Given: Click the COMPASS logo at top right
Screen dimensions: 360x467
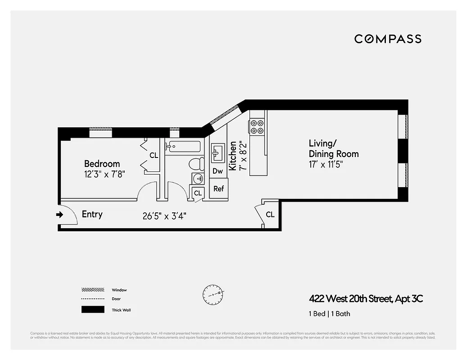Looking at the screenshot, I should pyautogui.click(x=387, y=39).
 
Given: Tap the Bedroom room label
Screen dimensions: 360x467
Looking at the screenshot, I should pyautogui.click(x=102, y=164).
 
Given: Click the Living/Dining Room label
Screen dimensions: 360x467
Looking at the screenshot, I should pyautogui.click(x=333, y=148).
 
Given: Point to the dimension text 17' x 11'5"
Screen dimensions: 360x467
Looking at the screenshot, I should pyautogui.click(x=326, y=165).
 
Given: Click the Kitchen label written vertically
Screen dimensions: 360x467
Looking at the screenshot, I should pyautogui.click(x=233, y=156).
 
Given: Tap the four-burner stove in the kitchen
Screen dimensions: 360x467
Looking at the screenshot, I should pyautogui.click(x=257, y=126).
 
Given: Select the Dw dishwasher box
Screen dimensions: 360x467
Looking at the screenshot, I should pyautogui.click(x=218, y=171).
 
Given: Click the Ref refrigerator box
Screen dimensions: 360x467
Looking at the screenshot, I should pyautogui.click(x=218, y=189).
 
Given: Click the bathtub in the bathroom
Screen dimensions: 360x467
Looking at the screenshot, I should pyautogui.click(x=182, y=147).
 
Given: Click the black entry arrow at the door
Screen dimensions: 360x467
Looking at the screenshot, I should pyautogui.click(x=59, y=215).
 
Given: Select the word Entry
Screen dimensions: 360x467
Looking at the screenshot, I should pyautogui.click(x=92, y=214).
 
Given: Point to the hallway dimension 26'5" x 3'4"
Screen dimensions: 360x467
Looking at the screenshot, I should pyautogui.click(x=164, y=216).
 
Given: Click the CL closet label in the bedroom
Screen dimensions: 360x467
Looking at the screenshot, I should pyautogui.click(x=154, y=155).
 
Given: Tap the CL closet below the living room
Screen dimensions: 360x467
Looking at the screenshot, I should pyautogui.click(x=270, y=215).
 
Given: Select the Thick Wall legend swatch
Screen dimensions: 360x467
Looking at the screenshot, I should pyautogui.click(x=93, y=310).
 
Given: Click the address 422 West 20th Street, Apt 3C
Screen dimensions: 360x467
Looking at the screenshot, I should pyautogui.click(x=366, y=298).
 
